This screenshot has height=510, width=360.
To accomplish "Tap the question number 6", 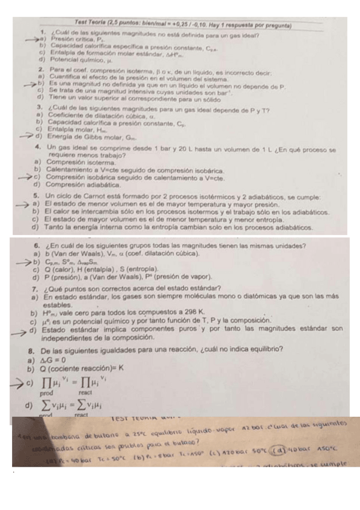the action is pos(37,245).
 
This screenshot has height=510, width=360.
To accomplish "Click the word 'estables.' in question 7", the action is pos(53,306).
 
